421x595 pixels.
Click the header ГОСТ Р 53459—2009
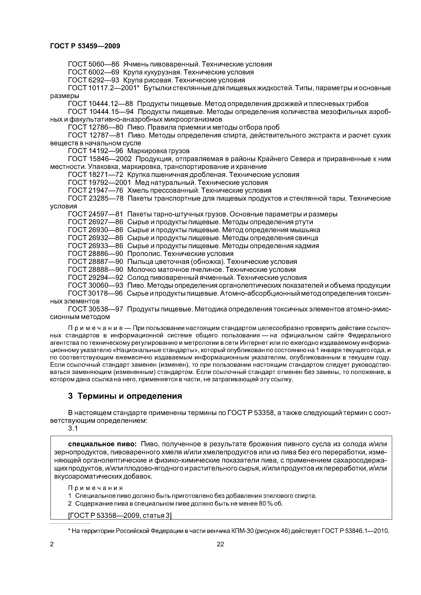[x=85, y=46]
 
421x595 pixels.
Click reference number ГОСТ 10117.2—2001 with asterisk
[x=104, y=88]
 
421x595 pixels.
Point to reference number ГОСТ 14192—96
[x=95, y=151]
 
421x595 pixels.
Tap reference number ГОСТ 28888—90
[x=95, y=270]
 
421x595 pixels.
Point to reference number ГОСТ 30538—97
[x=95, y=309]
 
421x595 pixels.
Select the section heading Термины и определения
[x=130, y=396]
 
